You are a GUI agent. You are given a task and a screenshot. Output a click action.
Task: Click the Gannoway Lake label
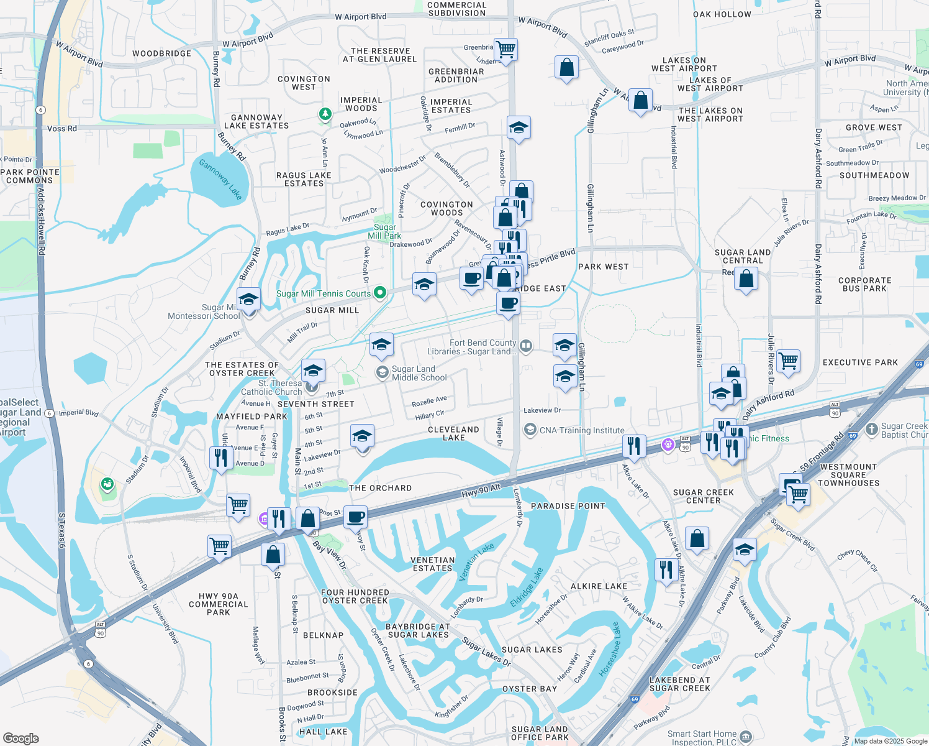click(x=220, y=179)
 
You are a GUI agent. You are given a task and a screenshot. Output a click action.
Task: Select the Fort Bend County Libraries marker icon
click(x=526, y=346)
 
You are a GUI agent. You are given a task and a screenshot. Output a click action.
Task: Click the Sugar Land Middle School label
click(x=419, y=373)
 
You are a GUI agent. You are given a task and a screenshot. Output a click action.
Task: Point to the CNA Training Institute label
click(x=582, y=430)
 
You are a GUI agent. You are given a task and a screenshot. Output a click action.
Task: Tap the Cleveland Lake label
click(x=453, y=433)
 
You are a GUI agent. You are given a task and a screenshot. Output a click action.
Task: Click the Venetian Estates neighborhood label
click(x=433, y=564)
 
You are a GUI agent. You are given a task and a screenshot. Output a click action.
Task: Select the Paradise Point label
click(x=568, y=506)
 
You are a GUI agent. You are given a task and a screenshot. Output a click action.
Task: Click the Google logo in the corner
click(x=20, y=738)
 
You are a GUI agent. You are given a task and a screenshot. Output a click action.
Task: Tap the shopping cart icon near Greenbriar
click(x=506, y=49)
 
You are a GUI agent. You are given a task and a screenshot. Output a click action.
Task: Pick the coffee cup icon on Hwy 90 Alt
click(x=356, y=517)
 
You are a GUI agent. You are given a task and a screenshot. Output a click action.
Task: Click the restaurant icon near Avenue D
click(x=221, y=458)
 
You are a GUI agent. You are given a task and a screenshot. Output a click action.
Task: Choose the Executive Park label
click(x=860, y=362)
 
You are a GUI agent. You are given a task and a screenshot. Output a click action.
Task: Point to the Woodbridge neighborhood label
click(x=161, y=53)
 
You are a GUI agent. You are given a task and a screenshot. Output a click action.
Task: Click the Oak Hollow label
click(x=722, y=14)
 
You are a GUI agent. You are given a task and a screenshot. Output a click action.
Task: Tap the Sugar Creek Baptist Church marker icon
click(x=872, y=428)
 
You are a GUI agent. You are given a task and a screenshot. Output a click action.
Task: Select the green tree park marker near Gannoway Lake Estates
click(x=324, y=114)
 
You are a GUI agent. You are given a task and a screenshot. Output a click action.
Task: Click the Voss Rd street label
click(x=62, y=129)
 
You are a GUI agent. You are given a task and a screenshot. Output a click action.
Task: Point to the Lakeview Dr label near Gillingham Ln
click(x=542, y=410)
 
